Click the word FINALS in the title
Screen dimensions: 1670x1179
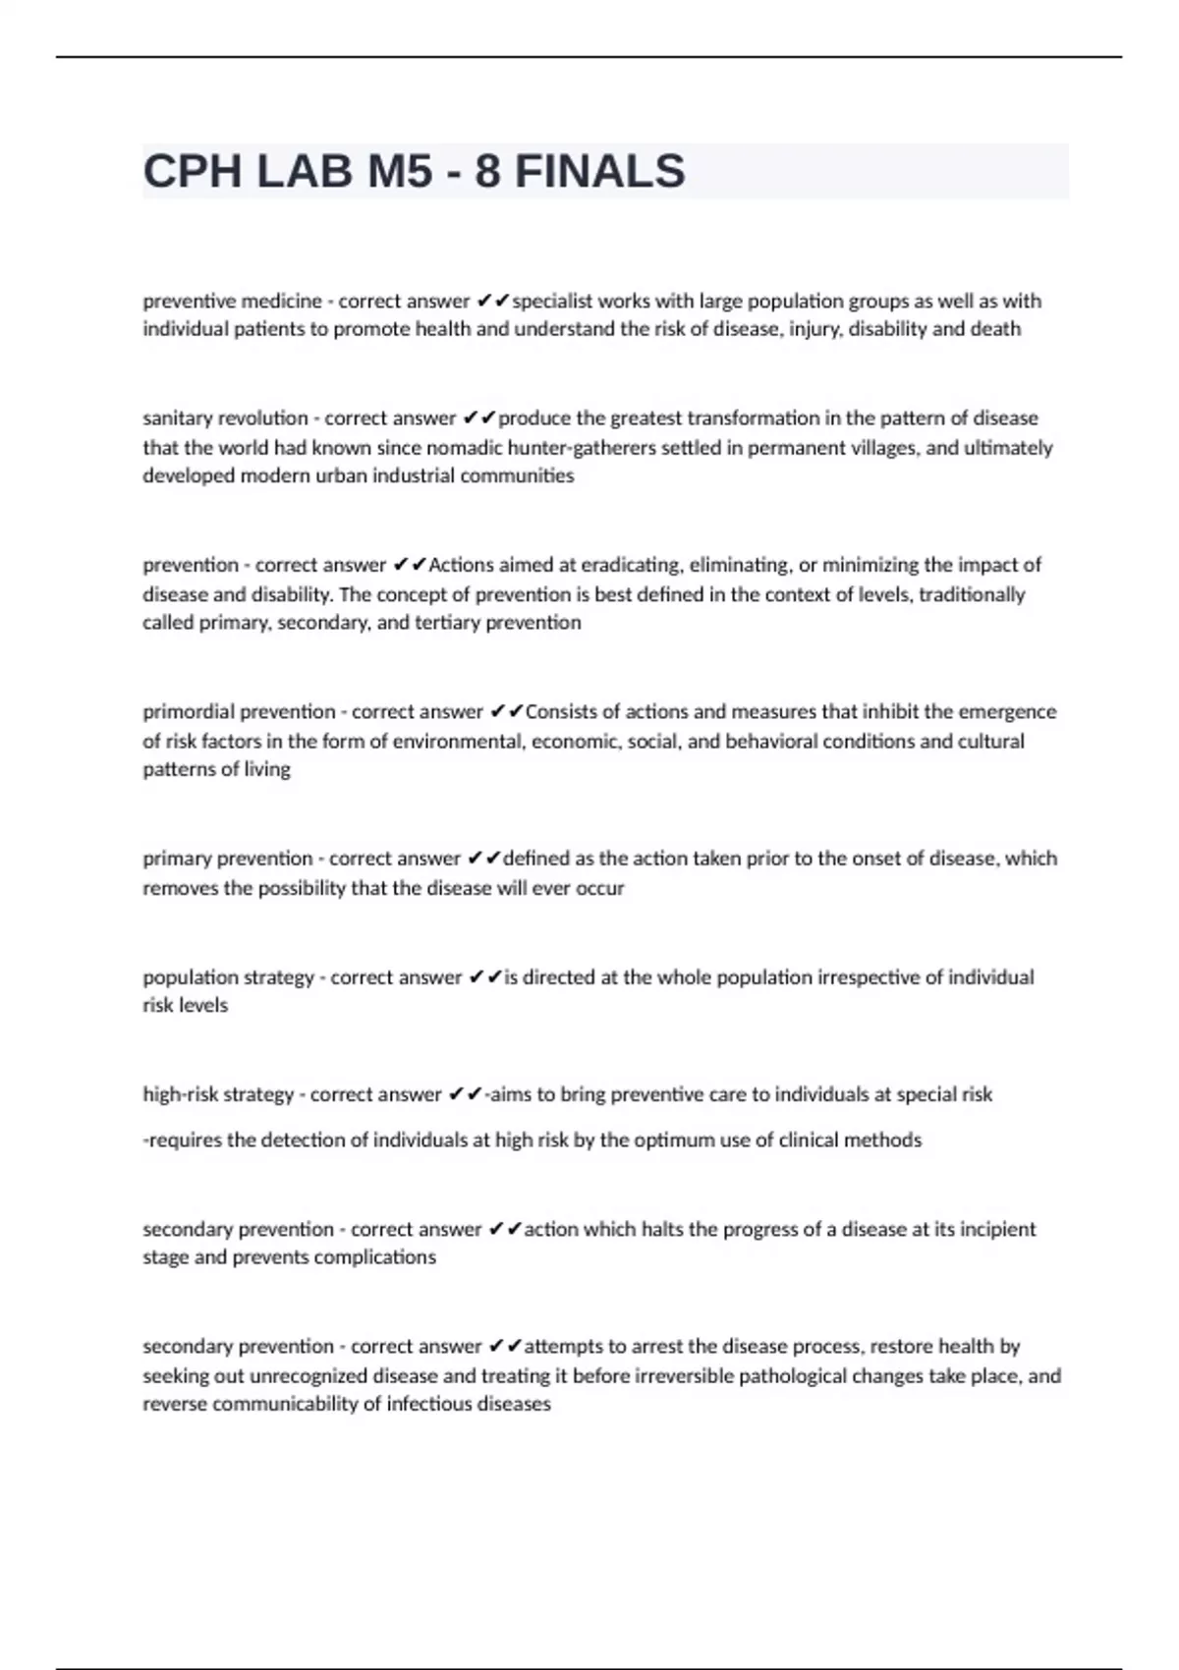599,172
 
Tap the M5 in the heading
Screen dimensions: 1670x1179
399,172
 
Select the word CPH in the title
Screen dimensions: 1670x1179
193,172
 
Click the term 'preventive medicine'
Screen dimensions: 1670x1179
232,301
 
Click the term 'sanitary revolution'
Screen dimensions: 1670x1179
225,418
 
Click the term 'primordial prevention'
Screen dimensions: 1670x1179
239,711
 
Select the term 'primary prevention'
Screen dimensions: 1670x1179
227,859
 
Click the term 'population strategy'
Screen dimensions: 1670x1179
228,977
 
